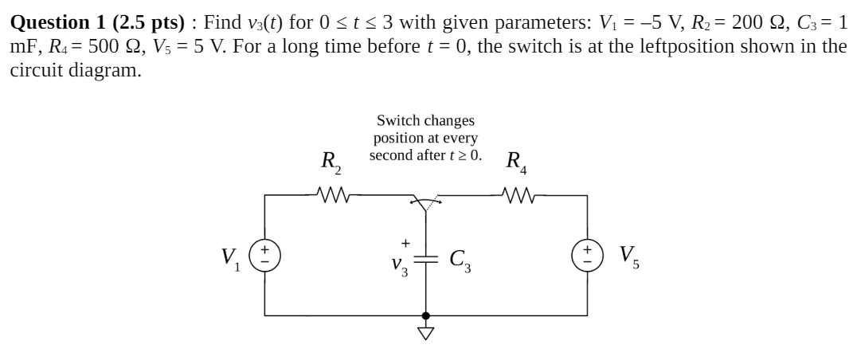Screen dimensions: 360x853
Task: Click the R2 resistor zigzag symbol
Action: (x=329, y=194)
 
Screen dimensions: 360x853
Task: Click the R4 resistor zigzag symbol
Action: (x=517, y=194)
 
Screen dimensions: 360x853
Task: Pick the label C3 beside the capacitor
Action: (x=460, y=259)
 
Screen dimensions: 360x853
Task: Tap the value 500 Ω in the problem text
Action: (x=94, y=46)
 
